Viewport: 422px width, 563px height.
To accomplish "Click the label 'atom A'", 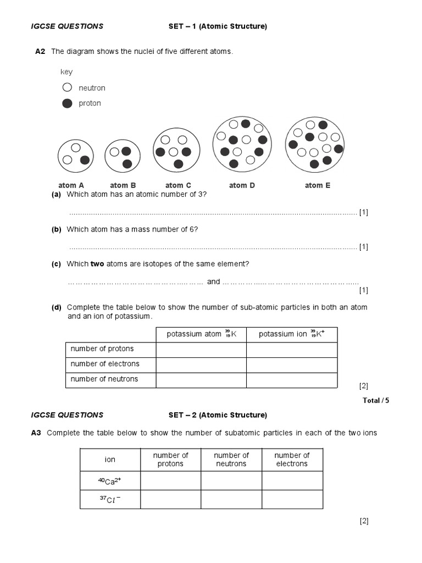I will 71,185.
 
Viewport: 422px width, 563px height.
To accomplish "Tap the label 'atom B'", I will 123,185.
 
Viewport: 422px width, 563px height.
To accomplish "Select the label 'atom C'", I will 178,185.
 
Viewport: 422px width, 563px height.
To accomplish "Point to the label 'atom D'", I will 242,185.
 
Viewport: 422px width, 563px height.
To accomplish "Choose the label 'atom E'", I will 318,185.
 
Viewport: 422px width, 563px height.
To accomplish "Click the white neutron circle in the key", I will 67,87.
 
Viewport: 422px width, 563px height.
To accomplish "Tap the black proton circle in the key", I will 67,103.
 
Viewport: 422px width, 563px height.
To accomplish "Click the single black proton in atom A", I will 85,160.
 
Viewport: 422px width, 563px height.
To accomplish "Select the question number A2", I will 40,52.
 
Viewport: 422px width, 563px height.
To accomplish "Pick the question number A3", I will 36,433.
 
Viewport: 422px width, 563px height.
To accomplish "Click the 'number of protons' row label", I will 102,349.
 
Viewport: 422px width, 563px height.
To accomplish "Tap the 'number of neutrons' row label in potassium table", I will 104,379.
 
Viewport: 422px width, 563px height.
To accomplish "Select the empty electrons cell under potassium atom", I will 201,364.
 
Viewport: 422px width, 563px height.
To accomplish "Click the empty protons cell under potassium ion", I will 292,349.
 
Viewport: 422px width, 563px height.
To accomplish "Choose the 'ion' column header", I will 110,460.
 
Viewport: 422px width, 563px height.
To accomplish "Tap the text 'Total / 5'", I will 376,400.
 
